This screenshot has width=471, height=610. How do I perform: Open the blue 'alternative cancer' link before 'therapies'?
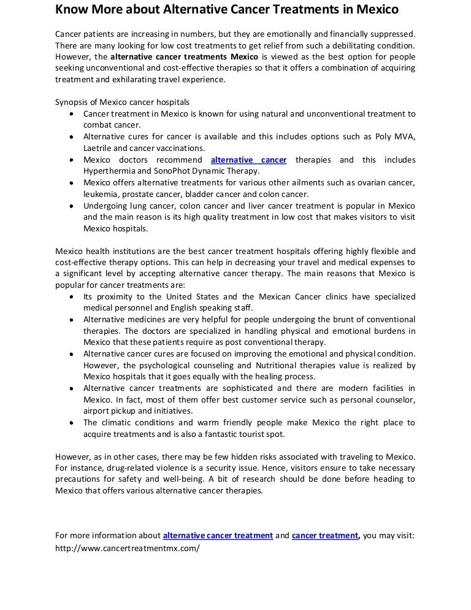click(248, 160)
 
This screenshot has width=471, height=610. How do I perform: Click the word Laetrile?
click(98, 148)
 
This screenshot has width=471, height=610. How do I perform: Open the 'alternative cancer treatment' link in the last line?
click(218, 535)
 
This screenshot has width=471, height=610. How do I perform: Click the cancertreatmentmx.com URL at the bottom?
click(128, 548)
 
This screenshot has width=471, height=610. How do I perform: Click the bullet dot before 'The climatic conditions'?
click(72, 423)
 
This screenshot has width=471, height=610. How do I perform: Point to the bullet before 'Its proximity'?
click(72, 296)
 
